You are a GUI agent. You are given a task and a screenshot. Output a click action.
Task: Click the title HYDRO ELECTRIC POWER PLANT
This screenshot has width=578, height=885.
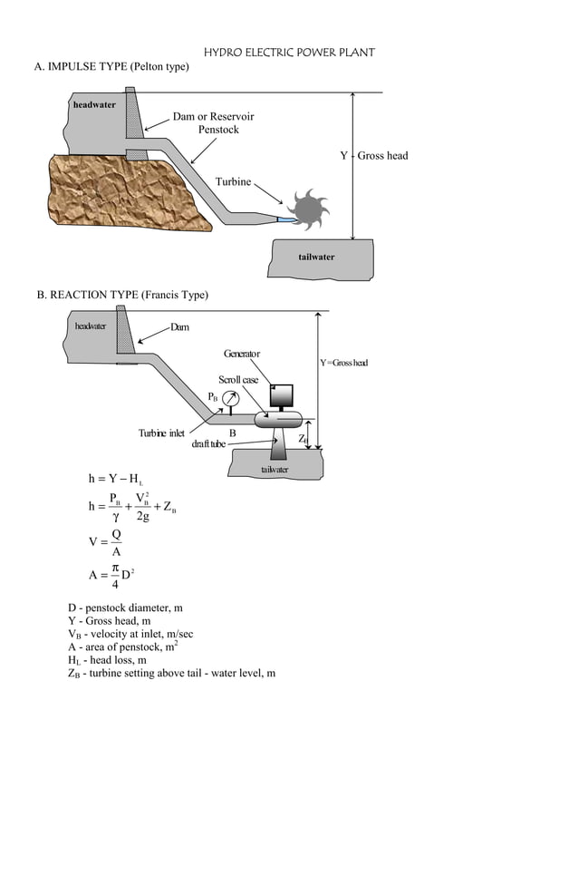coord(288,53)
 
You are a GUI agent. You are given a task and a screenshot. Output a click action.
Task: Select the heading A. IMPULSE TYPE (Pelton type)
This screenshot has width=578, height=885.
coord(111,67)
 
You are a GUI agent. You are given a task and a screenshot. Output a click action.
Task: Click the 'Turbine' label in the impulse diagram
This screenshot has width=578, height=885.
coord(233,182)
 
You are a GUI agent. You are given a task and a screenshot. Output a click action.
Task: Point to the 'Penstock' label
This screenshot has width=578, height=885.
coord(218,130)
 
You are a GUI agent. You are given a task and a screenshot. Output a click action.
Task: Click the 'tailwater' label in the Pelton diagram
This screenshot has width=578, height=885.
coord(316,257)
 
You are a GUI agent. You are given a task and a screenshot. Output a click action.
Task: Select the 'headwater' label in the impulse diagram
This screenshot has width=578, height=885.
coord(94,105)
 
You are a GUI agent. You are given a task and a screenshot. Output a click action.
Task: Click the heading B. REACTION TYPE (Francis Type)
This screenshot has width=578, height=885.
coord(122,295)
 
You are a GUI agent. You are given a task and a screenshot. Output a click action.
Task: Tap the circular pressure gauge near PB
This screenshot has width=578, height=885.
coord(231,398)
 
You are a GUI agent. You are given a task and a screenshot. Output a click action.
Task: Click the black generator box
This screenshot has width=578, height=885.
coord(282,395)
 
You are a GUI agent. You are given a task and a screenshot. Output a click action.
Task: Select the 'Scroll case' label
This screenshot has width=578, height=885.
coord(238,379)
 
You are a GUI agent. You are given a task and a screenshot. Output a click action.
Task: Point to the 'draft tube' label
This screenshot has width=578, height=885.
coord(208,444)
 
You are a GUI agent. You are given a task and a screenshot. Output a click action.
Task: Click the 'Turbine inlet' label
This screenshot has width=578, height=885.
coord(161,433)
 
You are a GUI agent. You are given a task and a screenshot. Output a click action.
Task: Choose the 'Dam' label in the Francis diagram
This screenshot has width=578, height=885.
coord(179,327)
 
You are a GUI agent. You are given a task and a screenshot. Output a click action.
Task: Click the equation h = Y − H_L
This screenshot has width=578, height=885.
coord(115,478)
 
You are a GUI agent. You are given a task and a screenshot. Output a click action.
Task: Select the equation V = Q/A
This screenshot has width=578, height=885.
coord(106,542)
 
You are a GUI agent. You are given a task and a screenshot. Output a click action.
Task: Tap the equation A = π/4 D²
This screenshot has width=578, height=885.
coord(111,575)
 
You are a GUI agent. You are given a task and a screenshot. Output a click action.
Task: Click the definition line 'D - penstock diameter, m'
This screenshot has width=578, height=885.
coord(125,608)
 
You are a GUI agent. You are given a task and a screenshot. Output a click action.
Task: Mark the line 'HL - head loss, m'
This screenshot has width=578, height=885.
coord(107,660)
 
